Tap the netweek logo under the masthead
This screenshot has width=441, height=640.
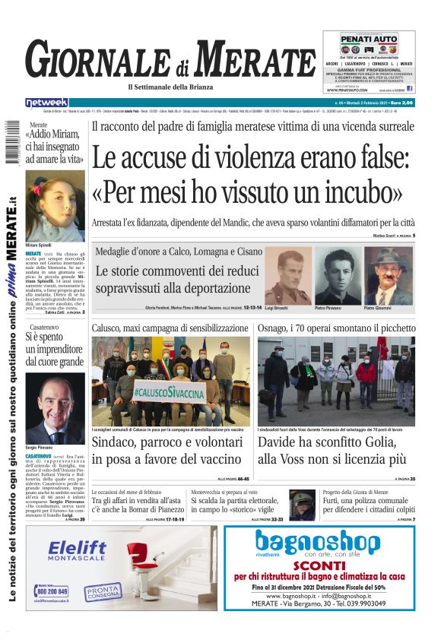point(46,103)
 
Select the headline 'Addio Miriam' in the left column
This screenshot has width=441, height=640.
point(54,147)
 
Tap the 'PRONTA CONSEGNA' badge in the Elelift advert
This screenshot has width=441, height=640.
point(103,591)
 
